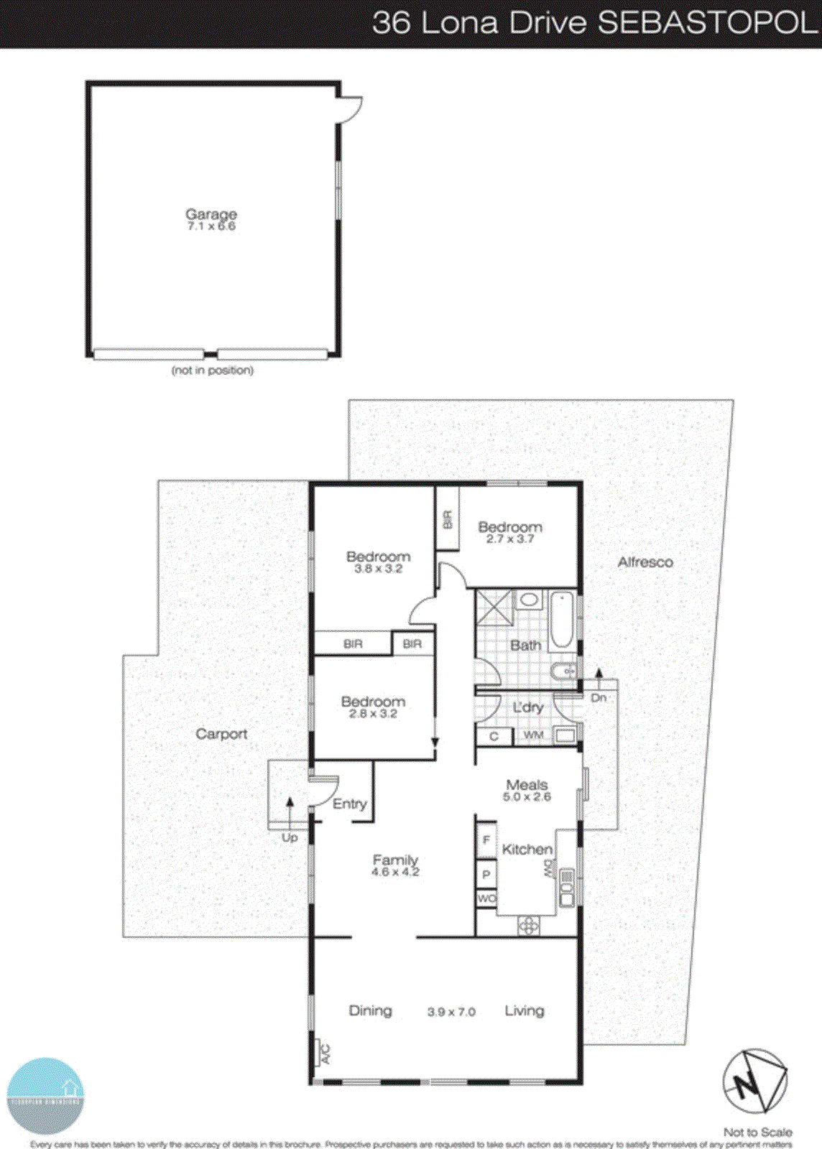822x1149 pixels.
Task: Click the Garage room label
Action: (211, 214)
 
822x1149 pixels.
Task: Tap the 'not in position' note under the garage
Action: (212, 371)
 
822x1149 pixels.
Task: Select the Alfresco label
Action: (645, 562)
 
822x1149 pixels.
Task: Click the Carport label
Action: (221, 734)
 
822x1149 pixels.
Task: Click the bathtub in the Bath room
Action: (562, 620)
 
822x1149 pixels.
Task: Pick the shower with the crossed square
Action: (494, 608)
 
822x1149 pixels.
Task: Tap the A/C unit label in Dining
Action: (324, 1053)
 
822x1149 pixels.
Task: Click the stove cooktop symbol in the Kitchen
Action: (528, 926)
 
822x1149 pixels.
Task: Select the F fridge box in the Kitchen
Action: (486, 839)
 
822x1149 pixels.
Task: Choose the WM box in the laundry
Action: (533, 735)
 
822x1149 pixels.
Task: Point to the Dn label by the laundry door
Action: (599, 697)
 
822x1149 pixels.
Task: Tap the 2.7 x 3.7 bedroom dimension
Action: (509, 539)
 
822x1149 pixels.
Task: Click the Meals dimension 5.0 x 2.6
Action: (527, 796)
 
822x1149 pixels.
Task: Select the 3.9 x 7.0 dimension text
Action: (451, 1012)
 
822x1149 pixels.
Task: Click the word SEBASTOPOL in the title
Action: (707, 23)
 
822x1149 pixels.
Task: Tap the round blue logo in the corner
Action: (45, 1095)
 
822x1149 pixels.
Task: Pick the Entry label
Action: (350, 804)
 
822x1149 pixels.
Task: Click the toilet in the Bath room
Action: (563, 672)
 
